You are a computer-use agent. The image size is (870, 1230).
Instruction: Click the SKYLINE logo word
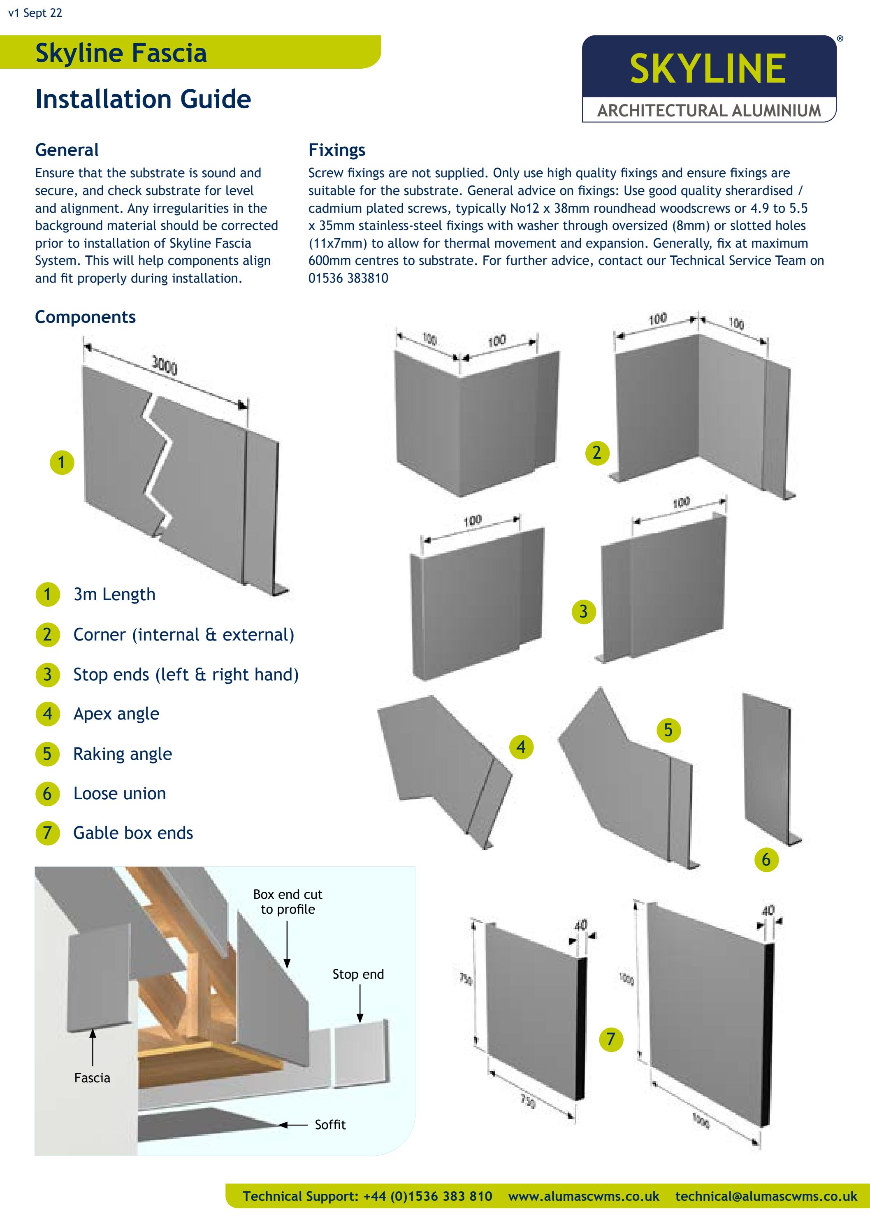[x=708, y=69]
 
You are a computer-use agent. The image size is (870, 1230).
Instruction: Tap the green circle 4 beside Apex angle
[x=48, y=714]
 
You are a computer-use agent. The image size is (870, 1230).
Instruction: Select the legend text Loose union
[x=119, y=794]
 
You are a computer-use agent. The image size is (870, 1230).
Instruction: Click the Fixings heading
[x=336, y=150]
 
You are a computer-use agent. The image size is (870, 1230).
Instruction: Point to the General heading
[x=66, y=150]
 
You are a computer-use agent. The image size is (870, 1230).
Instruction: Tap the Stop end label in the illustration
[x=358, y=975]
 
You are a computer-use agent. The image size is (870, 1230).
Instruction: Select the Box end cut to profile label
[x=288, y=902]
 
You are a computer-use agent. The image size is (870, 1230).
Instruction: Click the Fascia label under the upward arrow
[x=92, y=1078]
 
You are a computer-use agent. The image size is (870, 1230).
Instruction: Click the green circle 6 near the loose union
[x=766, y=860]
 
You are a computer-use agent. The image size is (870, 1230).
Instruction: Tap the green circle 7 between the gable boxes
[x=611, y=1039]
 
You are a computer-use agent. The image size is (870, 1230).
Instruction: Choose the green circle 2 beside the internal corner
[x=597, y=453]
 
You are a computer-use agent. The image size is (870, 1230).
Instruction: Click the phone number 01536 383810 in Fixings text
[x=348, y=278]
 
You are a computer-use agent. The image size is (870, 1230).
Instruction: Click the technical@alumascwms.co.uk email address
[x=766, y=1196]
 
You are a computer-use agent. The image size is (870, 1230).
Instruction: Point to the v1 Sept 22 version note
[x=35, y=13]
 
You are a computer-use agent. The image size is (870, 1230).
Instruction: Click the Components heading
[x=85, y=317]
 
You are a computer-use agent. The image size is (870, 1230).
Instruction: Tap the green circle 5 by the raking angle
[x=668, y=730]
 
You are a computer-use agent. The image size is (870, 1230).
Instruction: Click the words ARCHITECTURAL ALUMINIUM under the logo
[x=709, y=111]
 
